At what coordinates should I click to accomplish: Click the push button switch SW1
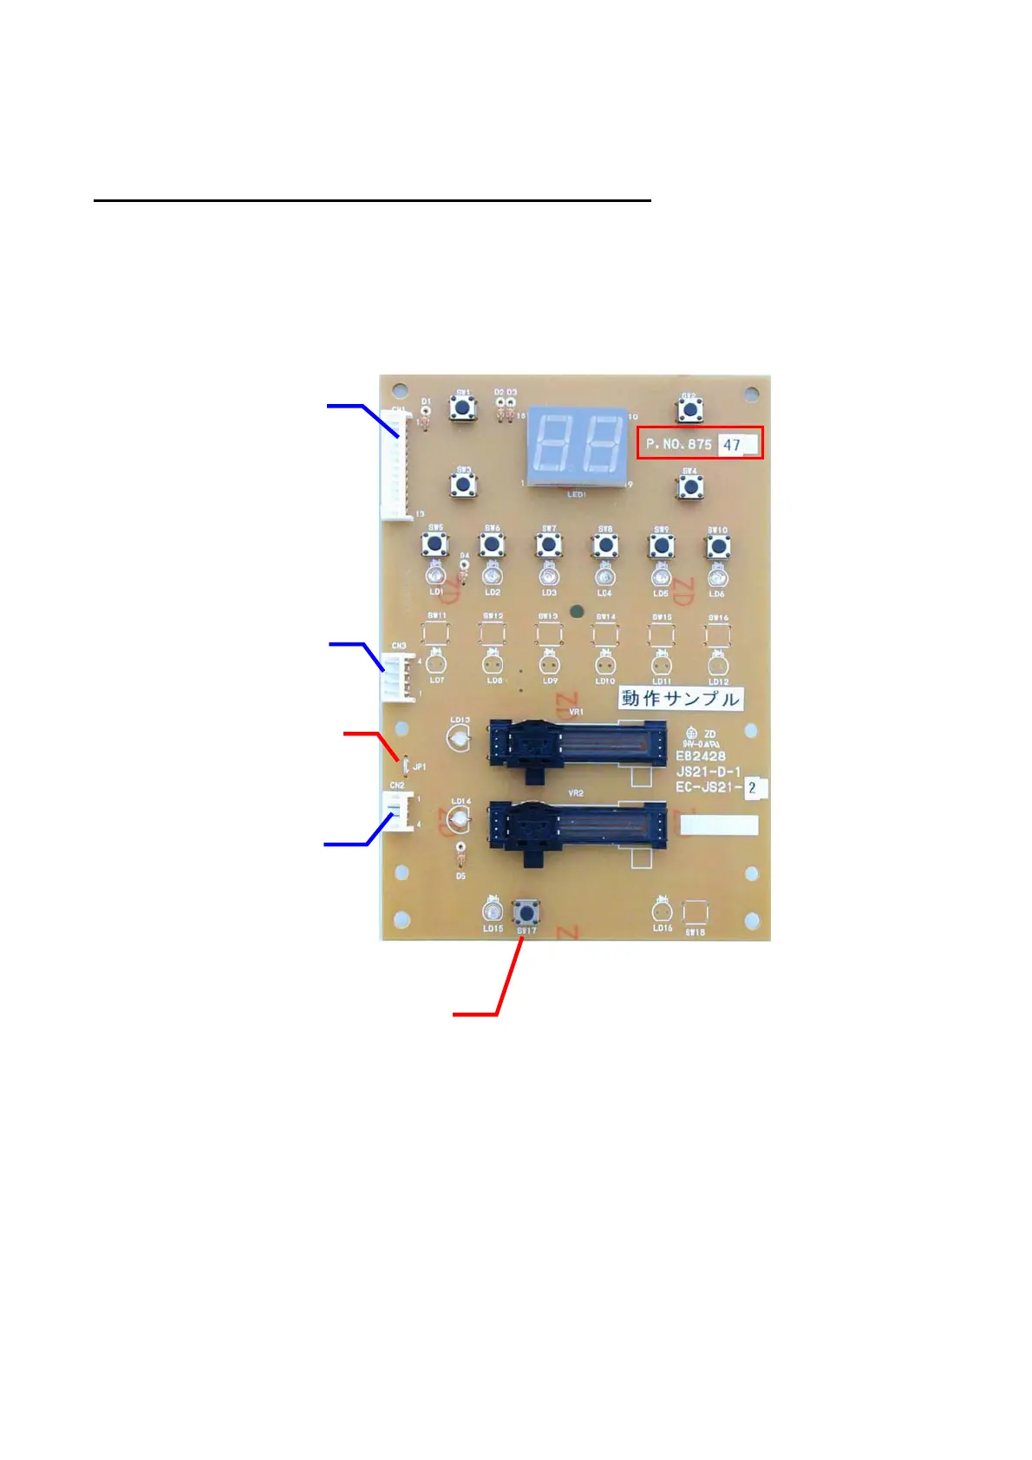463,407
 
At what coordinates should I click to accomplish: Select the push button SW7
548,545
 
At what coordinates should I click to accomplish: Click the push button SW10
717,546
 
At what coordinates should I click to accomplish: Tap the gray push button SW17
526,912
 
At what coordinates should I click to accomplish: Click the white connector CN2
399,811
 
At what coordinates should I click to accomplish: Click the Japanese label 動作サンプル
680,699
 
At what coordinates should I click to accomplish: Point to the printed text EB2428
701,756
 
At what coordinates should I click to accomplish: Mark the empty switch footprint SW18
695,913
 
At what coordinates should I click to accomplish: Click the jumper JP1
406,765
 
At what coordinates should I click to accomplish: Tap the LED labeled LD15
493,911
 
